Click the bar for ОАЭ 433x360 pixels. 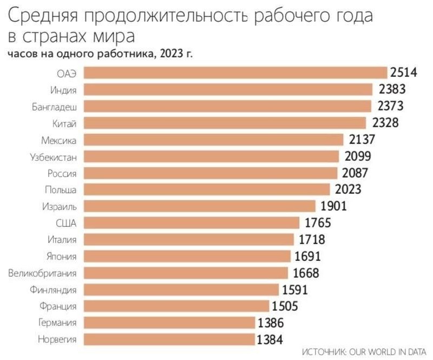[236, 73]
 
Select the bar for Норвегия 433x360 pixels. [170, 339]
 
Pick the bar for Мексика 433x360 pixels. [214, 140]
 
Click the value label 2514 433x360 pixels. [404, 73]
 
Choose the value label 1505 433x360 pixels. [284, 306]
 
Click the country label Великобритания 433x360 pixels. [42, 273]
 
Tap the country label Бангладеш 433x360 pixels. [54, 107]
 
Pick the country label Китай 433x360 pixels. [65, 123]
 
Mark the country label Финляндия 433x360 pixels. [53, 290]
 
